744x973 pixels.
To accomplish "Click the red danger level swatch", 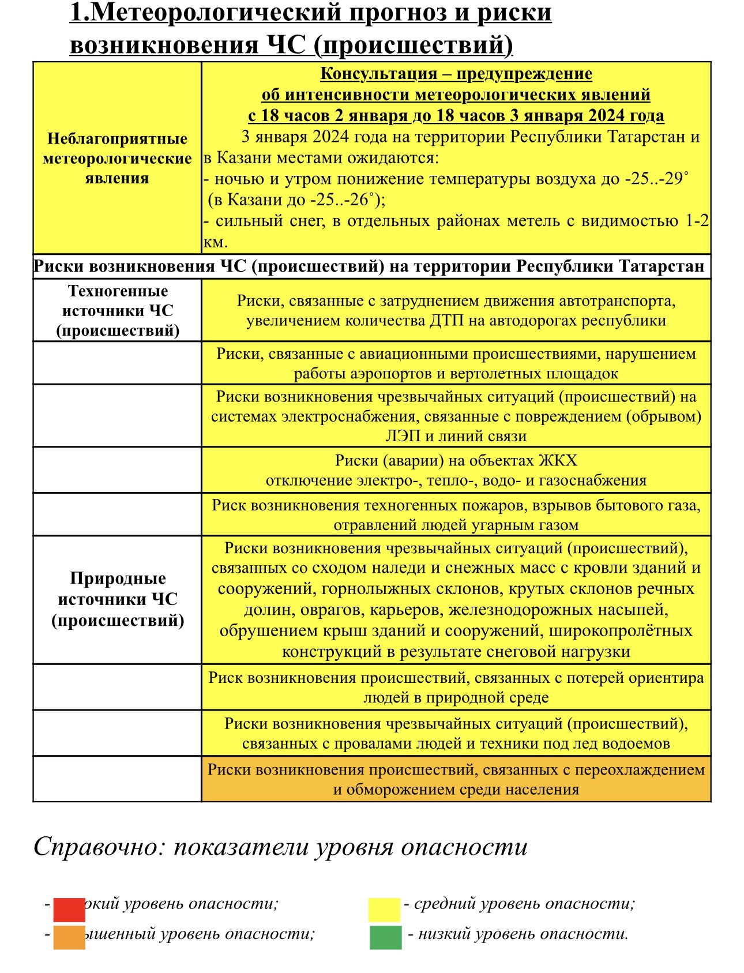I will tap(69, 910).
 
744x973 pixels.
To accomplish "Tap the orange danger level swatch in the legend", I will tap(69, 938).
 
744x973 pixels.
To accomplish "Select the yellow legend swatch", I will tap(384, 910).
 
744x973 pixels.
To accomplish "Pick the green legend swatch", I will tap(385, 938).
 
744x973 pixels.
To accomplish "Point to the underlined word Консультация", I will tap(378, 74).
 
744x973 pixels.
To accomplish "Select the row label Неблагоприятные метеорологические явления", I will tap(117, 159).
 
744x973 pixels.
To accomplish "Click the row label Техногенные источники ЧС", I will tap(117, 311).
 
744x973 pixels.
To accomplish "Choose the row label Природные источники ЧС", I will tap(117, 599).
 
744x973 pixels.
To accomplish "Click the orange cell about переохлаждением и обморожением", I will tap(456, 779).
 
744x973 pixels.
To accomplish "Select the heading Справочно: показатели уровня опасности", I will tap(280, 847).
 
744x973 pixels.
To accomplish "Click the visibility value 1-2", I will tap(696, 221).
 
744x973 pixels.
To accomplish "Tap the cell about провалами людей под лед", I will tap(456, 733).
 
